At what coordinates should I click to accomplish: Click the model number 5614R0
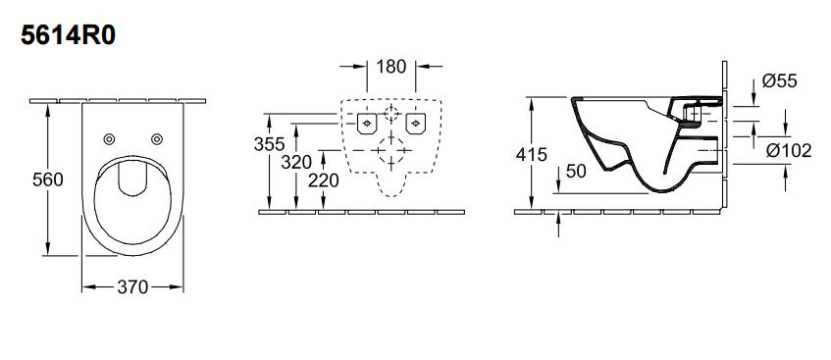coord(68,36)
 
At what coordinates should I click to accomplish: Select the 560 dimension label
coord(48,180)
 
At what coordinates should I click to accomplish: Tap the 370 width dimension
coord(132,287)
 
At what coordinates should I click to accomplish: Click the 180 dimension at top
coord(391,67)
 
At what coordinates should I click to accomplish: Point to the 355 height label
coord(269,144)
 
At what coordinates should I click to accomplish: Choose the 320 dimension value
coord(296,162)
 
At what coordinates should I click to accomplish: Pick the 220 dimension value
coord(324,180)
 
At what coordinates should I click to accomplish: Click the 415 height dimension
coord(532,155)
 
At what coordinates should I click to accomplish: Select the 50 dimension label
coord(576,172)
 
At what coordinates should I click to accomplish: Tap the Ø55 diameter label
coord(780,80)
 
